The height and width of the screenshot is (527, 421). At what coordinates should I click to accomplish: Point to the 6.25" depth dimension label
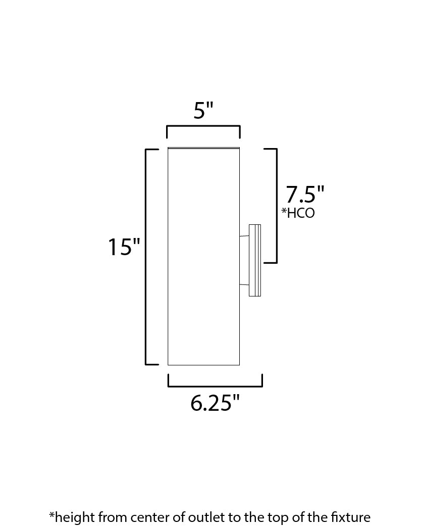click(215, 403)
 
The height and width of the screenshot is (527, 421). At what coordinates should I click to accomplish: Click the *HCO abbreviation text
click(298, 213)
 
